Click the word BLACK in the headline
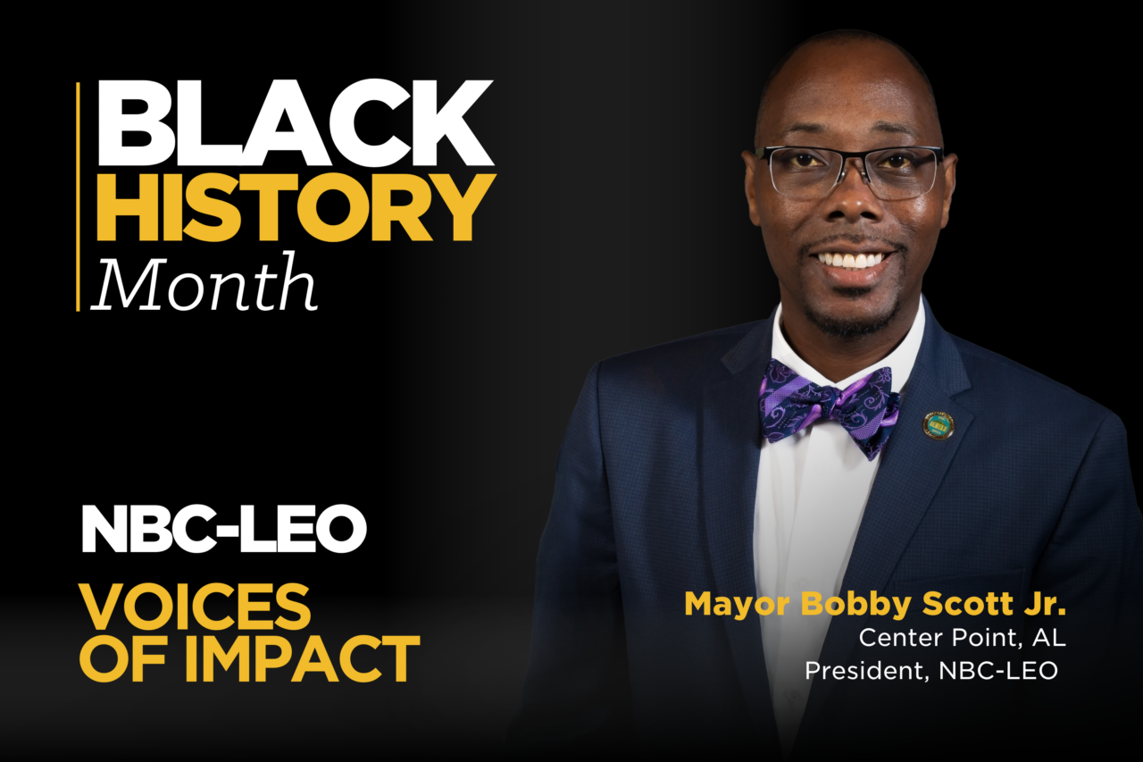click(x=296, y=122)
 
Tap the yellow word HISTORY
click(x=296, y=207)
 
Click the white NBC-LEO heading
click(x=224, y=529)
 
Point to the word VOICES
click(x=195, y=607)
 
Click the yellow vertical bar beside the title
click(x=78, y=197)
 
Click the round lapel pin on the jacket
click(x=939, y=426)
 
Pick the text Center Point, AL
click(x=963, y=638)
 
